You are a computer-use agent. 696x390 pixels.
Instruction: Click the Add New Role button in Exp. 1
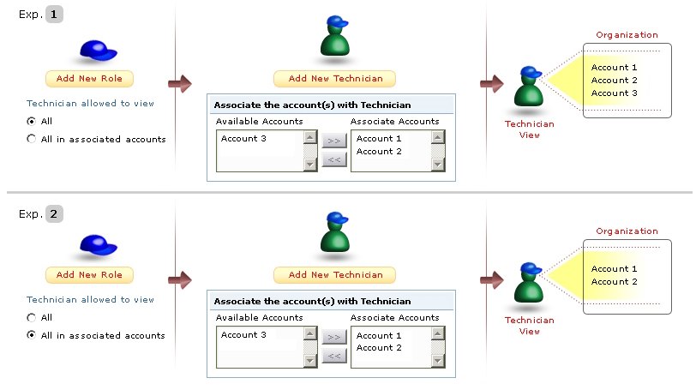(89, 79)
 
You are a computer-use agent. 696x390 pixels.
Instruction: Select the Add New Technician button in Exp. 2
(335, 275)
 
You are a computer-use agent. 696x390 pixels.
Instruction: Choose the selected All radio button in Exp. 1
(32, 122)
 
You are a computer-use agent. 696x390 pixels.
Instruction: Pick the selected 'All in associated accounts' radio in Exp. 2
(32, 335)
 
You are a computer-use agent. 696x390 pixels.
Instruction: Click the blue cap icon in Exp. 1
(98, 51)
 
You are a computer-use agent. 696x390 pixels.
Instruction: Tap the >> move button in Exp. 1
(334, 139)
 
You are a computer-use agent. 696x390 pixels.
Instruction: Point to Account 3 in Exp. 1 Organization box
(615, 93)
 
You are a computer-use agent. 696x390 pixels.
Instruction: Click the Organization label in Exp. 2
(627, 231)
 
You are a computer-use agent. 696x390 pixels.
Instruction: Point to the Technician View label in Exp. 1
(530, 129)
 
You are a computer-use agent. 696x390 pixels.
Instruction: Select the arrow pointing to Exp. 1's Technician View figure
(491, 83)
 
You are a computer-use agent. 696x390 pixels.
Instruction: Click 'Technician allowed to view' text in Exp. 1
(90, 103)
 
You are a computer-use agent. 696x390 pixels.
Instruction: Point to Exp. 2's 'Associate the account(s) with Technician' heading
(312, 302)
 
